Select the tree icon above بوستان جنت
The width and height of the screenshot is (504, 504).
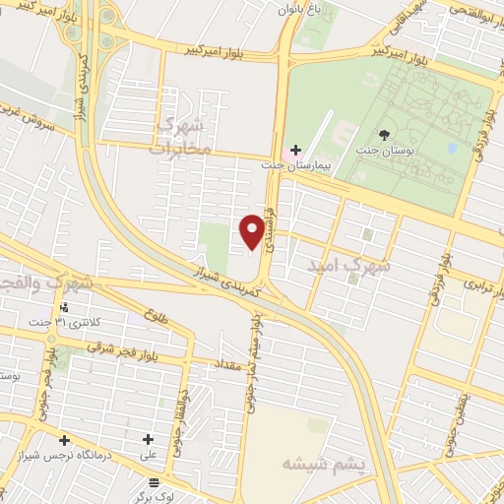(384, 134)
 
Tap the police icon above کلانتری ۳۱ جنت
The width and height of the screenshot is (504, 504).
(64, 306)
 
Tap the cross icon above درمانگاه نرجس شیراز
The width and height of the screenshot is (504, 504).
(64, 440)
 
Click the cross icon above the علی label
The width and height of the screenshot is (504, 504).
(149, 440)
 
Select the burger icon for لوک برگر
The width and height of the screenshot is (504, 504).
(152, 482)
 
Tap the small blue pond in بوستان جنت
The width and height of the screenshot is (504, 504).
(452, 148)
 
